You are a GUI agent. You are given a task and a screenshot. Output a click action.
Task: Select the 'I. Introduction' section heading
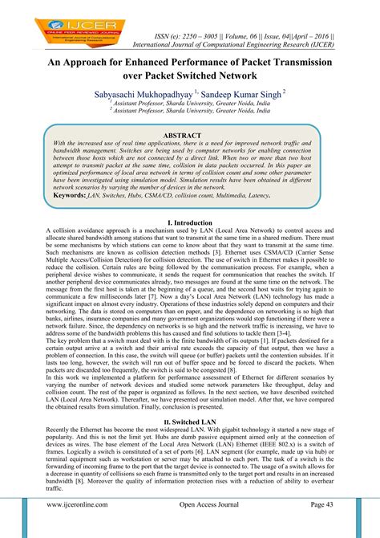(x=189, y=220)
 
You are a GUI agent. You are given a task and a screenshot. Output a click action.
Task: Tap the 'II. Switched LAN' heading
(x=189, y=421)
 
